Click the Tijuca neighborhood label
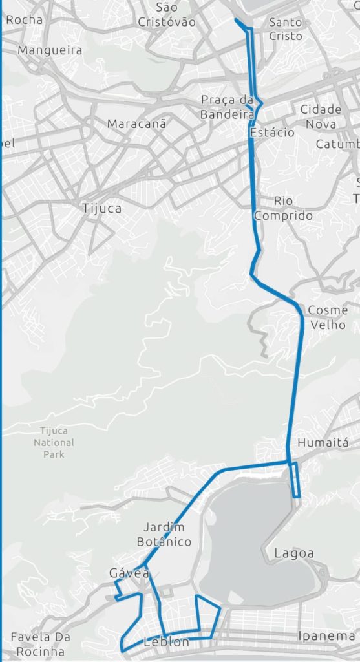102,209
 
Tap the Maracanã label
136,123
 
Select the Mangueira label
50,50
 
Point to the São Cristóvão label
167,15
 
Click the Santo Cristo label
286,30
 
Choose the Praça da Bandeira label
227,107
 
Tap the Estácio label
272,133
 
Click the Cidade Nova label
321,116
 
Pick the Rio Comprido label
283,208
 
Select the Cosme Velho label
327,317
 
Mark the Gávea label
129,573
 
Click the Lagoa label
294,553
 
